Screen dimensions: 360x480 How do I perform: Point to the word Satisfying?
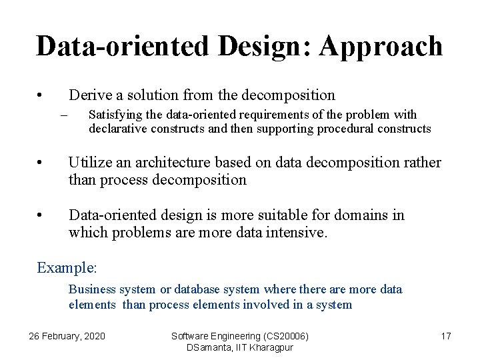click(114, 115)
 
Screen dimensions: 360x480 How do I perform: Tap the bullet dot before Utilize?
click(41, 163)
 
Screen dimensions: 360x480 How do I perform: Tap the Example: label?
click(67, 267)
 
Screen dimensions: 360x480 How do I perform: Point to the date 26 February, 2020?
click(67, 336)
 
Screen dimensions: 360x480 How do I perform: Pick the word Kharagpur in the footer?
click(270, 347)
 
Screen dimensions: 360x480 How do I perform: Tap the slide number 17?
click(445, 336)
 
